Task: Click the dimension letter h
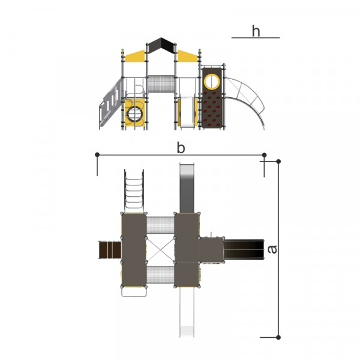256,31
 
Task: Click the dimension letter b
181,148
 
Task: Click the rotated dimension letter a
272,250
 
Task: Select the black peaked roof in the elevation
161,45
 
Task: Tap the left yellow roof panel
135,56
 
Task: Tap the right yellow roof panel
187,56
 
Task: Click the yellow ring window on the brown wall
212,81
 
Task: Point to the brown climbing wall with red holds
212,98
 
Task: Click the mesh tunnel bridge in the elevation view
161,84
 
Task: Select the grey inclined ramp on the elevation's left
110,103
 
